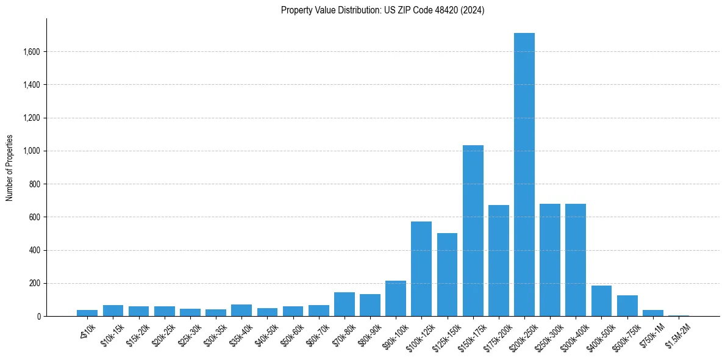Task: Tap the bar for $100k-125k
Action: click(x=421, y=268)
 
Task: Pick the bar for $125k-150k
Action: click(x=447, y=275)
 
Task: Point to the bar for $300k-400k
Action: click(x=576, y=260)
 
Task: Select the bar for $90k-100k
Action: click(x=396, y=298)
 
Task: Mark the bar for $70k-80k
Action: click(x=345, y=304)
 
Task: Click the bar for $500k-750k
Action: click(x=627, y=306)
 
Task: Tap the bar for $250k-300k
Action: click(x=550, y=260)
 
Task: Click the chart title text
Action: click(x=382, y=10)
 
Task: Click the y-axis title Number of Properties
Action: click(x=10, y=167)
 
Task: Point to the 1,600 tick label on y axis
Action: click(x=31, y=52)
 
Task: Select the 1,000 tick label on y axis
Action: click(x=31, y=151)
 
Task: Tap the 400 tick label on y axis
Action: click(x=35, y=250)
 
